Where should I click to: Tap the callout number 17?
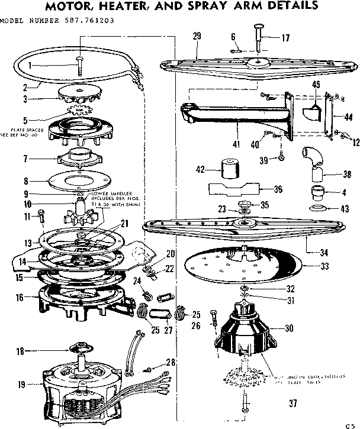pyautogui.click(x=285, y=38)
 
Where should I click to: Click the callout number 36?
pyautogui.click(x=278, y=190)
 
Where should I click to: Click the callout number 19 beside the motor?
pyautogui.click(x=21, y=385)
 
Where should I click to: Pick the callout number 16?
pyautogui.click(x=20, y=297)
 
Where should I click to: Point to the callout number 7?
pyautogui.click(x=24, y=159)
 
